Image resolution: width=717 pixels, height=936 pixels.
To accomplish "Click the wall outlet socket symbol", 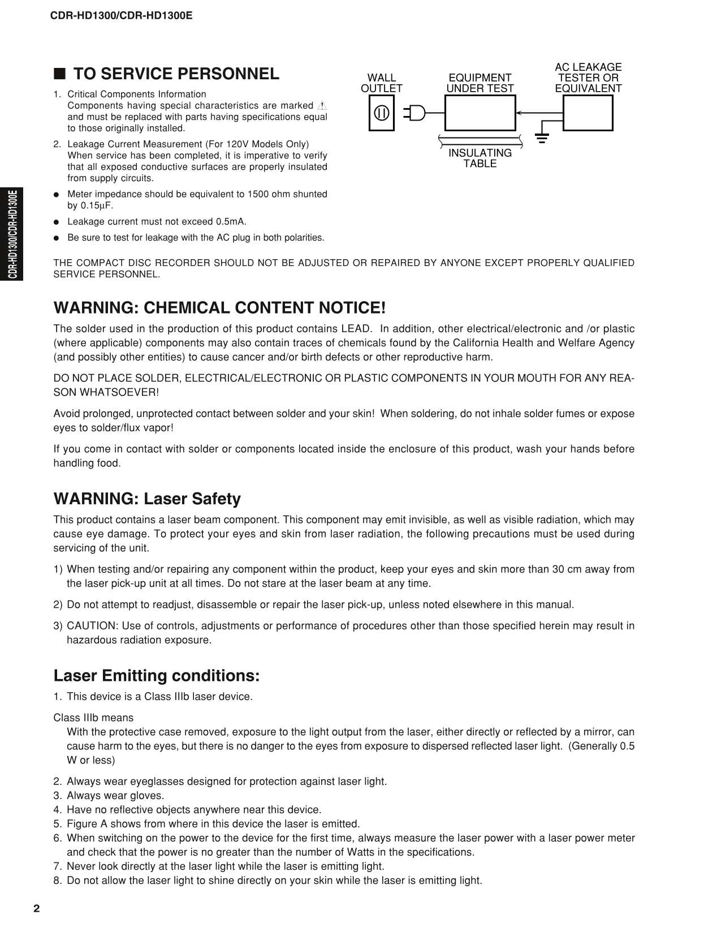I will coord(382,113).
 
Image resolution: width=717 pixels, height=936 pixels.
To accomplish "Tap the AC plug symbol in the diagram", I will coord(414,113).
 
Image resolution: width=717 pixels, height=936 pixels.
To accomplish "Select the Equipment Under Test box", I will coord(480,113).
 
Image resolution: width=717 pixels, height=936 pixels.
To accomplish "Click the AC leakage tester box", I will coord(588,113).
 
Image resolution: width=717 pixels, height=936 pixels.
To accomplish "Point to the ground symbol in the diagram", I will coord(542,138).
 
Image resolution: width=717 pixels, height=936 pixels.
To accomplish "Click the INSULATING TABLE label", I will coord(480,158).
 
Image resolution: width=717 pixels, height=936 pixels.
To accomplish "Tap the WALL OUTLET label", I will coord(382,83).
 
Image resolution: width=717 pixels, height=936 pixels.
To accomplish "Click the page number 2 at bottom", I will coord(37,909).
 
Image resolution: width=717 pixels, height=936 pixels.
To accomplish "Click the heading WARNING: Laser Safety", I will coord(147,499).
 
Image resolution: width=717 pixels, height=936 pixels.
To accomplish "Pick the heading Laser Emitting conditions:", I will coord(157,676).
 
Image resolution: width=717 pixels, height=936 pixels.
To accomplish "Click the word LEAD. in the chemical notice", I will coord(356,329).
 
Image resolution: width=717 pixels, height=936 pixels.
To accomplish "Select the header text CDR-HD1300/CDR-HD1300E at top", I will coord(122,15).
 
